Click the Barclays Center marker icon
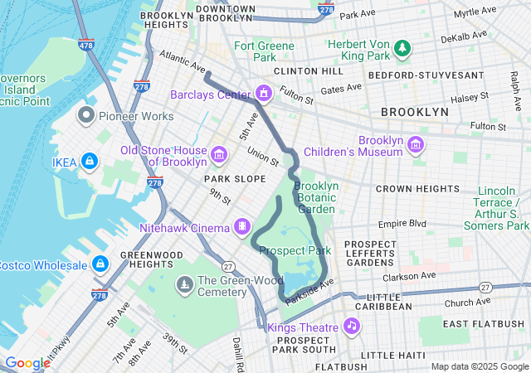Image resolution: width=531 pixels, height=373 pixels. pos(264,92)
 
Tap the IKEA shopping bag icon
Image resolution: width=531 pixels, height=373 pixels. pos(89,160)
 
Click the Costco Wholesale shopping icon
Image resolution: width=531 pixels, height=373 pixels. pos(100,264)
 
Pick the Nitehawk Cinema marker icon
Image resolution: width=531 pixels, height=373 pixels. pos(242,225)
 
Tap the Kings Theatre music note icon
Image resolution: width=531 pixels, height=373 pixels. pos(352,325)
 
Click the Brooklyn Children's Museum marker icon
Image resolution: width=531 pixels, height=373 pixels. pos(416,145)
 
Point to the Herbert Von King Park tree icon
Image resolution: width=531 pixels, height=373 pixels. pos(403,47)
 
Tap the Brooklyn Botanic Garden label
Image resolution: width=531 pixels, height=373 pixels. pos(316,197)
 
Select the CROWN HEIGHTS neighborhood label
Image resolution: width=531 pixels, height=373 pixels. pos(412,189)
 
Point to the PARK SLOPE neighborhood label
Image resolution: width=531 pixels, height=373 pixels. pos(236,178)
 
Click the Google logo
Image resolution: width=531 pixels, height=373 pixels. pos(27,363)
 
